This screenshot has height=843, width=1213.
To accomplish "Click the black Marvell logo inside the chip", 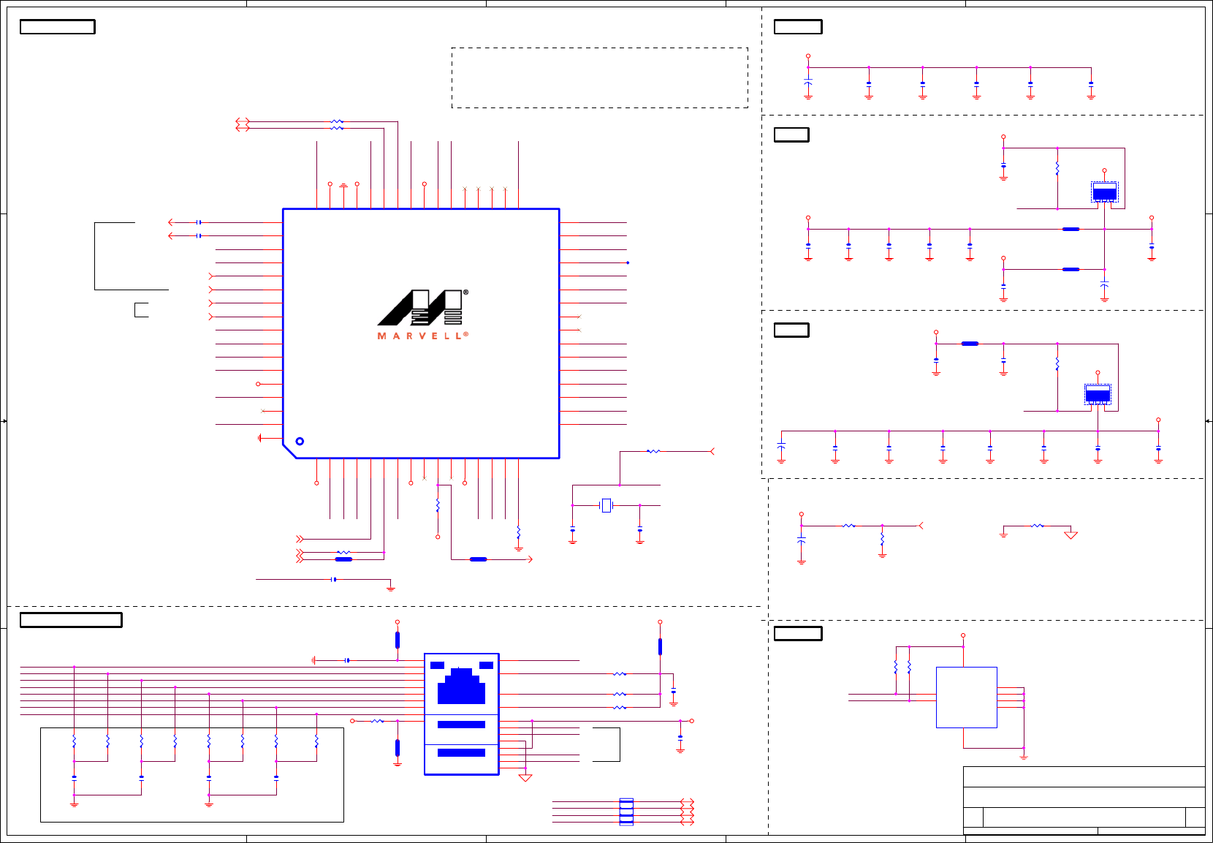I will (420, 308).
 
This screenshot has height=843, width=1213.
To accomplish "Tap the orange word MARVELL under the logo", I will (422, 336).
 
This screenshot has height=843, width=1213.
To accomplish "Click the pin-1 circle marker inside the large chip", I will (300, 441).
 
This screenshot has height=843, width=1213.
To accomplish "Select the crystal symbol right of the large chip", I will (606, 505).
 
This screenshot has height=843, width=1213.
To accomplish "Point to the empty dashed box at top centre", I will (599, 78).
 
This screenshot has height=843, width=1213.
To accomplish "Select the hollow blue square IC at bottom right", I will (966, 697).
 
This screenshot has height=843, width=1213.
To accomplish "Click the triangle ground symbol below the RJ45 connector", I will (525, 778).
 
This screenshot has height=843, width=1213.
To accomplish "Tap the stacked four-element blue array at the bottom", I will (626, 812).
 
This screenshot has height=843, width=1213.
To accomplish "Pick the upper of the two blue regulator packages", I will (1104, 193).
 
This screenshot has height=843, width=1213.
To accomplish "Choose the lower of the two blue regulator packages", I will (1098, 395).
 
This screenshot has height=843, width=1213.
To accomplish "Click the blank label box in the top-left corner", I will (57, 27).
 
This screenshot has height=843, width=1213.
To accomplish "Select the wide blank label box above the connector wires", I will (71, 620).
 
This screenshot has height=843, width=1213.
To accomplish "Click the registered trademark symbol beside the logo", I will (465, 292).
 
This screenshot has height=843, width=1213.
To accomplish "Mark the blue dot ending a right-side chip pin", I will (627, 262).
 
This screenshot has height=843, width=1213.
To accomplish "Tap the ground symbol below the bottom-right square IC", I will (1024, 757).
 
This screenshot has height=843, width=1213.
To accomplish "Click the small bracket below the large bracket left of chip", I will (141, 310).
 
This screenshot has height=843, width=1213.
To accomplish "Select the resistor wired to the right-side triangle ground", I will (1037, 526).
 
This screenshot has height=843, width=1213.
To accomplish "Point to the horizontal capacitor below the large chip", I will (334, 579).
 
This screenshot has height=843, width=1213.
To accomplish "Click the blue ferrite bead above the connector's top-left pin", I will (398, 640).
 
